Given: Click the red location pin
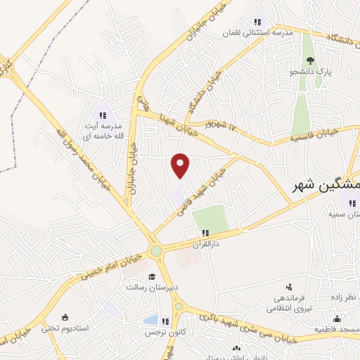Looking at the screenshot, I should [x=181, y=165].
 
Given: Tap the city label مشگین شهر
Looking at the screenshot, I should [x=326, y=184].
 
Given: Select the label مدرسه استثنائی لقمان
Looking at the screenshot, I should [x=256, y=32].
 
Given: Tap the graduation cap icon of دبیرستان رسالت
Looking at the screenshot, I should [x=152, y=276].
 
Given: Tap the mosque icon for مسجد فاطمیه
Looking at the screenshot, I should [x=337, y=319].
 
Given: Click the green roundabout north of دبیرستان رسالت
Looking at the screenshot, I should [x=156, y=251].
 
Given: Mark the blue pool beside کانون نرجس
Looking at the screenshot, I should [x=150, y=320].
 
